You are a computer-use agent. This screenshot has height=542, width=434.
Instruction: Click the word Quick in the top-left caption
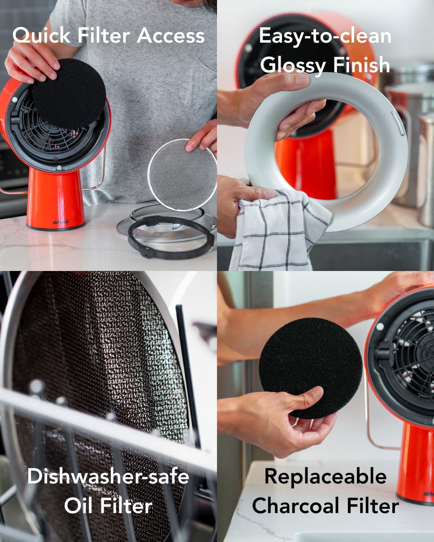click(x=41, y=35)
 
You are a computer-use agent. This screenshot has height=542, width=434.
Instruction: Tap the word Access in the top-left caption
click(x=170, y=35)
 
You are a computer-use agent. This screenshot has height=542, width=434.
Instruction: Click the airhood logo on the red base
click(x=60, y=222)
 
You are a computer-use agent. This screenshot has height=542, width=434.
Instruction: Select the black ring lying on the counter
click(x=171, y=237)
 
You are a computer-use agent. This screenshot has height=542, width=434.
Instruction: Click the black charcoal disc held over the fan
click(x=69, y=93)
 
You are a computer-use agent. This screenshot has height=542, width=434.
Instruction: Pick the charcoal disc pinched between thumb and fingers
click(x=311, y=368)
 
